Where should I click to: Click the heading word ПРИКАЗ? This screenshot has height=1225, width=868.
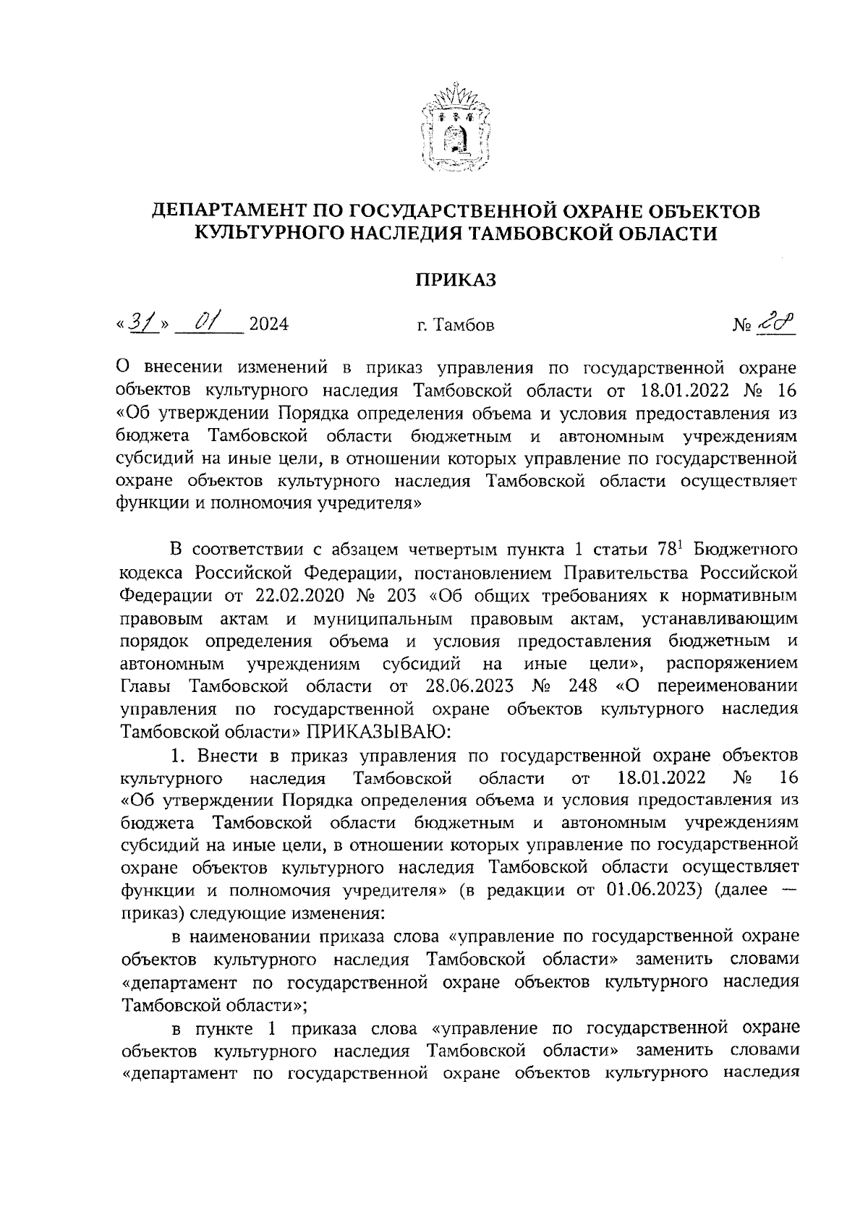click(x=456, y=280)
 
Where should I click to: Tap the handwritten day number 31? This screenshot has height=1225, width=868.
click(x=140, y=322)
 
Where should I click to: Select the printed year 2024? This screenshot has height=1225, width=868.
click(x=268, y=325)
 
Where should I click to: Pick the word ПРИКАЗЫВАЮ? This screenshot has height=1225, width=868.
click(x=380, y=730)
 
